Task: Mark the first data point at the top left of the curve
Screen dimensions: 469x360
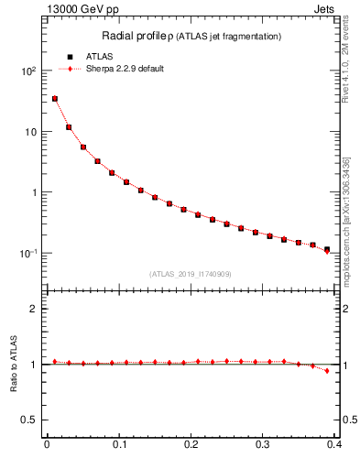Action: tap(55, 99)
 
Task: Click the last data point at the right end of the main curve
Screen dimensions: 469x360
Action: tap(327, 249)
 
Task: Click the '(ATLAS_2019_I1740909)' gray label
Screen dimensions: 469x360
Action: tap(190, 274)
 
